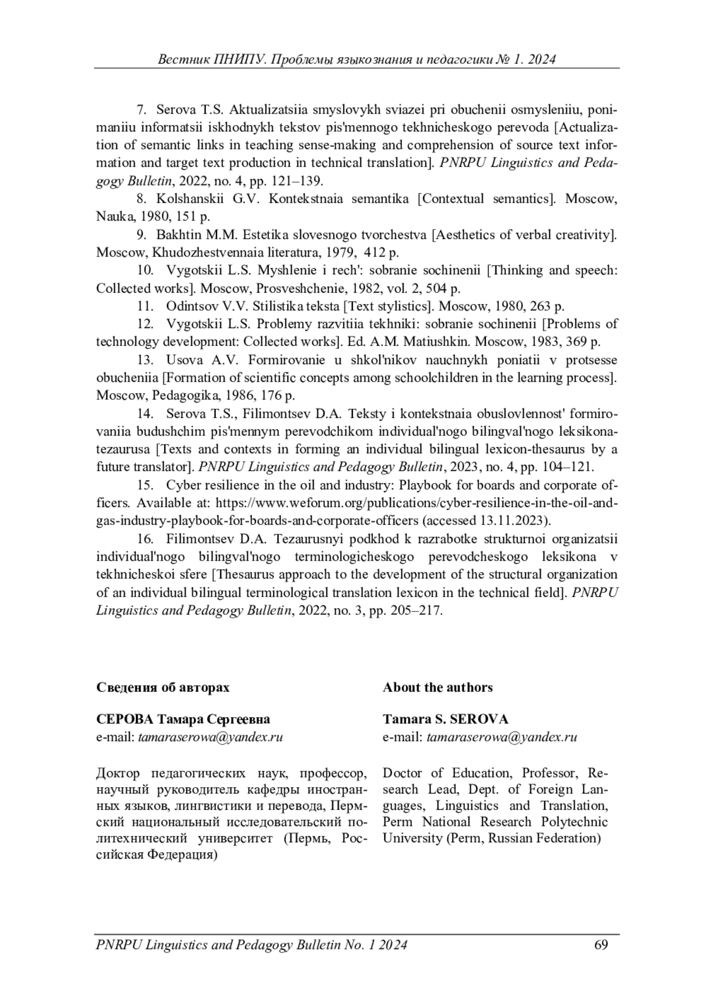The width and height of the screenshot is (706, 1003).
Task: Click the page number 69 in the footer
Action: coord(601,945)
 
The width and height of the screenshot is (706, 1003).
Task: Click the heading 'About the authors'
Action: coord(438,687)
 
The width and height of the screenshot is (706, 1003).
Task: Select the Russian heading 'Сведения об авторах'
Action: coord(163,687)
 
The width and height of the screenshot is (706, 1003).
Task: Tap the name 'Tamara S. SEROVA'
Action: coord(445,719)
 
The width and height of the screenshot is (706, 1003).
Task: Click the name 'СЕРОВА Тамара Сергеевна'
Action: coord(183,719)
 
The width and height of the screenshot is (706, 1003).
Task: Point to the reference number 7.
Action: coord(141,109)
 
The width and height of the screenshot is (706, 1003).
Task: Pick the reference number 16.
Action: coord(145,539)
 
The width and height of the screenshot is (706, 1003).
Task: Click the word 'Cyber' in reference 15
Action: coord(183,485)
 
